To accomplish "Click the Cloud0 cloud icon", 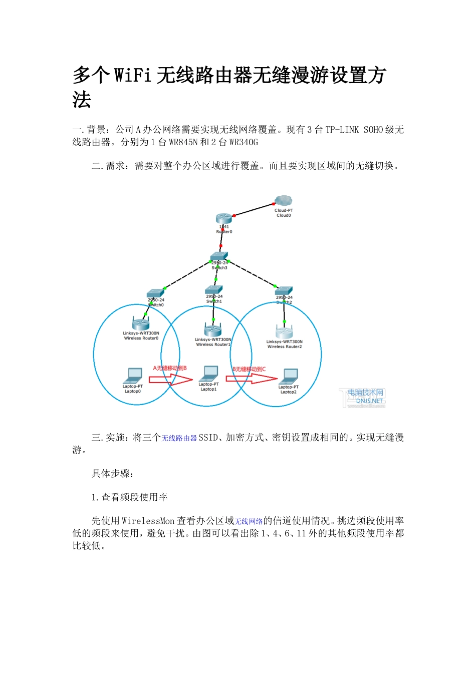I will (x=284, y=201).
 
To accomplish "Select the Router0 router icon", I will (x=224, y=218).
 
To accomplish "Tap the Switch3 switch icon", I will (x=219, y=256).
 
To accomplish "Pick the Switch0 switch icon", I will (x=155, y=293).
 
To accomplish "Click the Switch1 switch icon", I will (x=213, y=290).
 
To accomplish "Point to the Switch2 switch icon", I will (x=284, y=291).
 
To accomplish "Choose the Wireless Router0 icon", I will (x=141, y=323).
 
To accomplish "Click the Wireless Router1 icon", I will (x=213, y=329).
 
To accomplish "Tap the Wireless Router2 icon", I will (x=284, y=331).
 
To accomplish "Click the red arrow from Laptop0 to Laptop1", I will (x=171, y=380).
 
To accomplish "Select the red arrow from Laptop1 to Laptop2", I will (x=251, y=379).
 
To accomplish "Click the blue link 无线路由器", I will (x=179, y=438).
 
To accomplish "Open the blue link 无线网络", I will (x=249, y=522).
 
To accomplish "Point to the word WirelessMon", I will (x=148, y=521).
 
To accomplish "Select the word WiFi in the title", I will (x=133, y=76).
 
